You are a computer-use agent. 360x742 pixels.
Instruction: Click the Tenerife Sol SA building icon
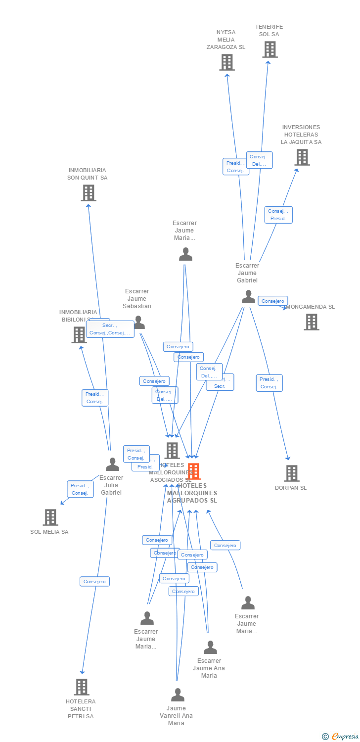point(270,49)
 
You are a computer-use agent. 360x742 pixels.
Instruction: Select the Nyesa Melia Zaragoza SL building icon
point(226,62)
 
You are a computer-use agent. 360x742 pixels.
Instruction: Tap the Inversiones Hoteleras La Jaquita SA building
point(302,157)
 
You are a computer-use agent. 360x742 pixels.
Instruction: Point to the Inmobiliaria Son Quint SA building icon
point(88,193)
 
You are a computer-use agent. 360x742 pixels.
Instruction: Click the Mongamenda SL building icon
point(311,322)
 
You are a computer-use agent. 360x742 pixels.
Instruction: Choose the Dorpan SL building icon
point(291,473)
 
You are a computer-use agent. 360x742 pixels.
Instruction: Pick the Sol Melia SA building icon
point(50,517)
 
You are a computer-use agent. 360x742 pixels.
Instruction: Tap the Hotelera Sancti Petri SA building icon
point(82,687)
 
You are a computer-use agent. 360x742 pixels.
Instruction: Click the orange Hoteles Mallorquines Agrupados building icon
point(194,471)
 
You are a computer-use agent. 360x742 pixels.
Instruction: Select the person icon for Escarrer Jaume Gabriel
point(248,297)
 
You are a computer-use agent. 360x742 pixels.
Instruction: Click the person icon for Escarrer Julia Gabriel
point(112,464)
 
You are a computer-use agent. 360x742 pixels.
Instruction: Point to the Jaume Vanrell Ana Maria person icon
point(177,695)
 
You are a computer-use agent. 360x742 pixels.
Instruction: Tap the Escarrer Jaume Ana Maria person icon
point(210,648)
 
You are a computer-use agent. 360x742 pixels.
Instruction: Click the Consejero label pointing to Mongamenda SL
point(272,301)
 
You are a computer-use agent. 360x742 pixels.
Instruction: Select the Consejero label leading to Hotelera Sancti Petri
point(94,582)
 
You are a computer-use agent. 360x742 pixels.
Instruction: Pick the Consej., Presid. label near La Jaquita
point(278,215)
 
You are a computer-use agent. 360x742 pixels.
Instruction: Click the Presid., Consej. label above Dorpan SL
point(269,383)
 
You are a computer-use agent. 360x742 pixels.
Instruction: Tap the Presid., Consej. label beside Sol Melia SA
point(80,489)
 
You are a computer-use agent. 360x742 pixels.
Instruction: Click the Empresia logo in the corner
point(341,737)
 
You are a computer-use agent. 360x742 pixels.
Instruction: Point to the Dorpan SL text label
point(291,488)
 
